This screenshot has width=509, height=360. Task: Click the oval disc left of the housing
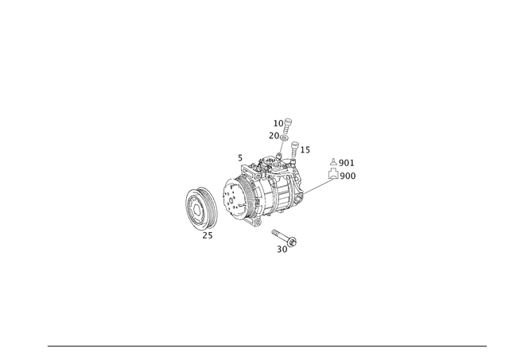(x=201, y=210)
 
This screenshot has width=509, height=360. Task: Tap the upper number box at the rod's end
(x=345, y=162)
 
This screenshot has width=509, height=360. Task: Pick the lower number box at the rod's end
(x=348, y=175)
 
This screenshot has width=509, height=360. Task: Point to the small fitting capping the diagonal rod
(x=332, y=172)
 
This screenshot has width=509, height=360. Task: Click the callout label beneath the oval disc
(x=208, y=235)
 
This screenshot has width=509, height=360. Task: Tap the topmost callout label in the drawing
(x=284, y=121)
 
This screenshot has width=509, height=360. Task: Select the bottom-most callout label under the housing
(x=282, y=250)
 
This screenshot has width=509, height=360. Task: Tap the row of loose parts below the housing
(x=282, y=236)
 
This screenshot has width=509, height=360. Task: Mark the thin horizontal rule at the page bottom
(x=266, y=345)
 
